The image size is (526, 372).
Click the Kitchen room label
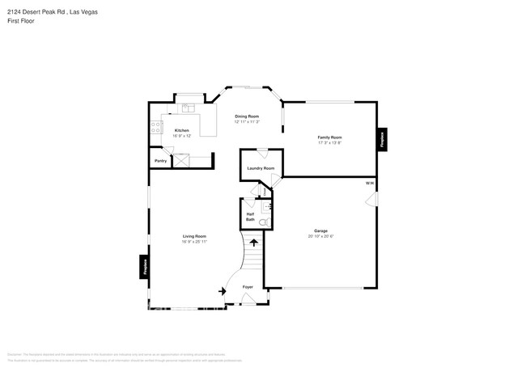click(182, 130)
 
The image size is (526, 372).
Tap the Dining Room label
click(247, 117)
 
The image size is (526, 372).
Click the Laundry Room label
click(261, 168)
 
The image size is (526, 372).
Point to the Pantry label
click(160, 161)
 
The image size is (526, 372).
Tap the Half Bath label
click(251, 217)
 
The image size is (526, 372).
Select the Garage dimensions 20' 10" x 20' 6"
click(321, 237)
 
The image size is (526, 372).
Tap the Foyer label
click(248, 287)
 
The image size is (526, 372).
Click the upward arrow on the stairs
click(254, 241)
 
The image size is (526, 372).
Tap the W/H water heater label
click(369, 184)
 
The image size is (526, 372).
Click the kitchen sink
click(188, 108)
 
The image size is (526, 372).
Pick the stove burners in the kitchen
click(153, 126)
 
